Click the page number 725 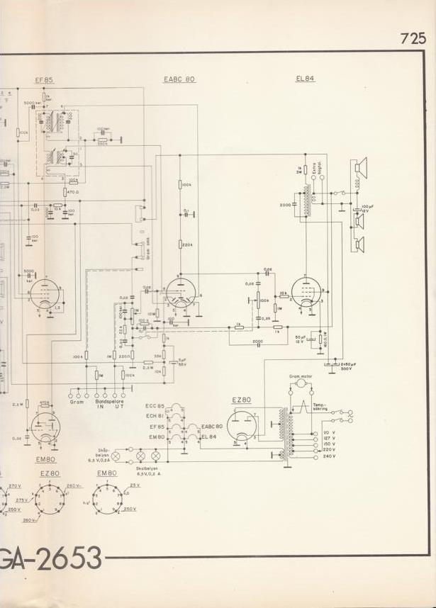[413, 39]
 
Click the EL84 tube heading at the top [305, 79]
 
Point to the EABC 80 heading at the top [179, 79]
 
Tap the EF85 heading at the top [44, 79]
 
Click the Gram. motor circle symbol [301, 383]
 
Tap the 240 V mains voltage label [329, 456]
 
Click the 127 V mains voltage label [329, 438]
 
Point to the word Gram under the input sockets [77, 402]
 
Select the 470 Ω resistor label [71, 192]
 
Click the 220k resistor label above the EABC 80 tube [187, 245]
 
